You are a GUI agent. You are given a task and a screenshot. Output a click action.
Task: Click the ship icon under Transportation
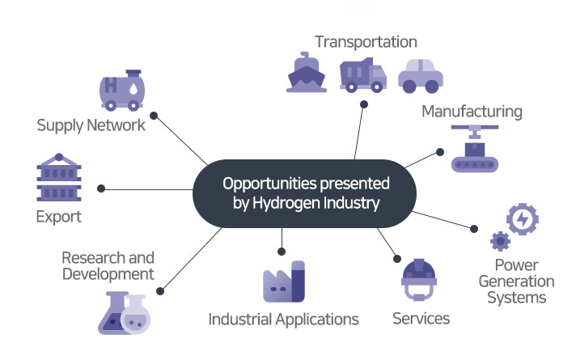307,72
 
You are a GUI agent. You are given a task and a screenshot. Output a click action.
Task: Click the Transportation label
366,41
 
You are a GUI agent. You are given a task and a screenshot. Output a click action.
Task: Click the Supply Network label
91,125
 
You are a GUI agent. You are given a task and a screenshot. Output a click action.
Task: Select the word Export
59,217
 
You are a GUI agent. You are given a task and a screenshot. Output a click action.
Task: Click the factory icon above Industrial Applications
283,282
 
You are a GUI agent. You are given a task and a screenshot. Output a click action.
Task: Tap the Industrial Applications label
283,319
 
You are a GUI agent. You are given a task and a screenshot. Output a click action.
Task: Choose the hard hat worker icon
419,278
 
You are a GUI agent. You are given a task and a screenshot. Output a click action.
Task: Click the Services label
421,318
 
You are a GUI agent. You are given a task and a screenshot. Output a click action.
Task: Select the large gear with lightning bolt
522,219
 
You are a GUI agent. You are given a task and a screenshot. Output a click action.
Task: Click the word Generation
515,282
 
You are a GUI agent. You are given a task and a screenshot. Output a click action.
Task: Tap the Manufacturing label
472,111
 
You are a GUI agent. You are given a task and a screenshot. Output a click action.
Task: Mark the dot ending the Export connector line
101,188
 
